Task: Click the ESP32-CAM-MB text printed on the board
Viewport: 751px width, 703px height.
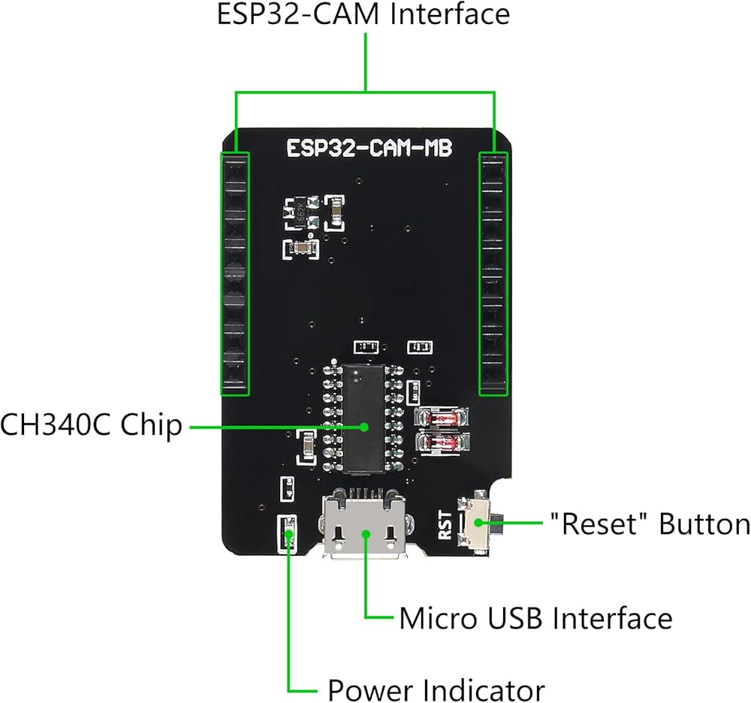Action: [369, 148]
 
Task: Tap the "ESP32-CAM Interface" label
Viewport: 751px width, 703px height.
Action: [363, 14]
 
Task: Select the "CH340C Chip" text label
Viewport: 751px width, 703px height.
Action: [91, 425]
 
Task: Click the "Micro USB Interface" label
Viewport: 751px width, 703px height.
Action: [536, 618]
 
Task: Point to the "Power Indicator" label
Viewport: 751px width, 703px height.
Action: [436, 690]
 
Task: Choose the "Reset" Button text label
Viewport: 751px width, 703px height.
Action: [650, 523]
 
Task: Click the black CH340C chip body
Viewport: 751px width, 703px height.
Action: [363, 416]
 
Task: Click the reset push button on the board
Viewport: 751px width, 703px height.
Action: [479, 523]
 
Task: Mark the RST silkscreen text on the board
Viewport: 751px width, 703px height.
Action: [445, 525]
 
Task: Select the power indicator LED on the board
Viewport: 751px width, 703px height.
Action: [288, 535]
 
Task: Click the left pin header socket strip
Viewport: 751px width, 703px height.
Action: [234, 274]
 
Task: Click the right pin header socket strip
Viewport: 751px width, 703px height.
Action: [493, 274]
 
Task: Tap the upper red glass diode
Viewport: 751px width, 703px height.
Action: [441, 417]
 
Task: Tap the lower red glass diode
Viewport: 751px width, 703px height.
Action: [441, 442]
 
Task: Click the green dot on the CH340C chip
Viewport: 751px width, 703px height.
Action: [365, 427]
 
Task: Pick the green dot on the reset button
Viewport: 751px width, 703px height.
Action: [478, 523]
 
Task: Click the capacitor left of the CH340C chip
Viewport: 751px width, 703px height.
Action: [306, 448]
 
